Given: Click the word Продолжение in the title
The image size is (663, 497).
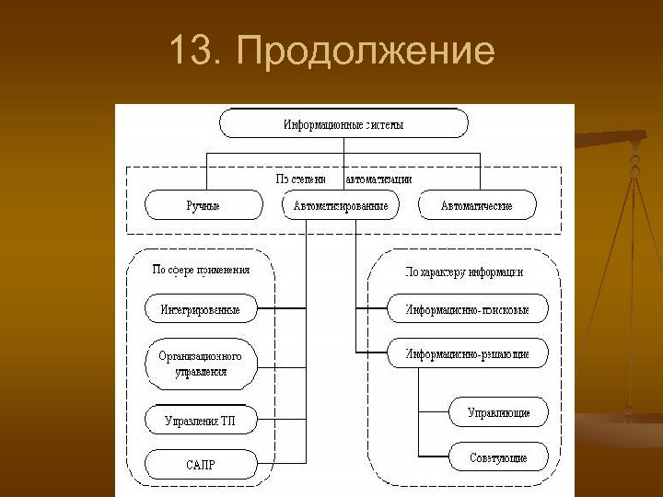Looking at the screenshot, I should (x=366, y=52).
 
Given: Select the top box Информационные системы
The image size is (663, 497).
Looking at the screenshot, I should (x=343, y=123).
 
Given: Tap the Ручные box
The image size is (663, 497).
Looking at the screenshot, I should (x=203, y=205).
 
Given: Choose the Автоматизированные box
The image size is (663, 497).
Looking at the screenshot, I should (x=340, y=205).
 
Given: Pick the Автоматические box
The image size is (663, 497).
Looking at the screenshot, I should (x=476, y=205).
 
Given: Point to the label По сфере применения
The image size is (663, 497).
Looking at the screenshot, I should (x=201, y=270).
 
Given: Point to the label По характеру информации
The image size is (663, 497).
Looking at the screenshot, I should (x=465, y=272).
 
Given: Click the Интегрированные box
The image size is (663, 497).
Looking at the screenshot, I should (x=201, y=309).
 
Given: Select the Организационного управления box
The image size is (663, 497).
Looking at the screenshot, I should (x=201, y=364).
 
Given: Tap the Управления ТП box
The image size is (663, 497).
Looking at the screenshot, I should (x=201, y=421).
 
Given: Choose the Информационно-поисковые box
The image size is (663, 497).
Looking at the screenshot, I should (x=467, y=309).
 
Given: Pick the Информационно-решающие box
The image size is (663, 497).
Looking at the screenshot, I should (x=467, y=353).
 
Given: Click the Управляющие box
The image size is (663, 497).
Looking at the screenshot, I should (x=498, y=412).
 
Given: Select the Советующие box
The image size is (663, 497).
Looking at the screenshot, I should (x=498, y=457).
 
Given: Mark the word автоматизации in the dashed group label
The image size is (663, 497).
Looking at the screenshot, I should (x=378, y=179).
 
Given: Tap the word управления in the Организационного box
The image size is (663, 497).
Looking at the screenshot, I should (x=201, y=373).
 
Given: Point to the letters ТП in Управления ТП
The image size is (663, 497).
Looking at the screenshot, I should (x=228, y=421).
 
